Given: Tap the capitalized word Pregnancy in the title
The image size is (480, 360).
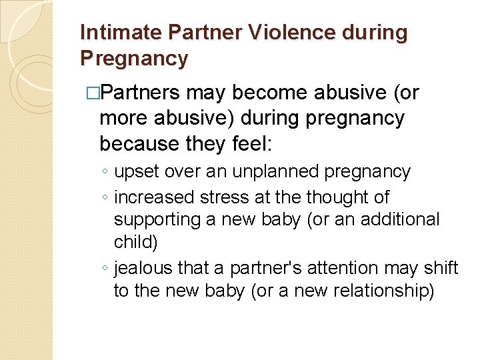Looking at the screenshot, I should click(x=134, y=58).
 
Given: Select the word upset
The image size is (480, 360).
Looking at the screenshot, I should click(x=137, y=171).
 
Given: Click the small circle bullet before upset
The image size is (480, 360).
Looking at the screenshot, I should click(x=105, y=172).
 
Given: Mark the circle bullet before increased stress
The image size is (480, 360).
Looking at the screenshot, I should click(x=105, y=198).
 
